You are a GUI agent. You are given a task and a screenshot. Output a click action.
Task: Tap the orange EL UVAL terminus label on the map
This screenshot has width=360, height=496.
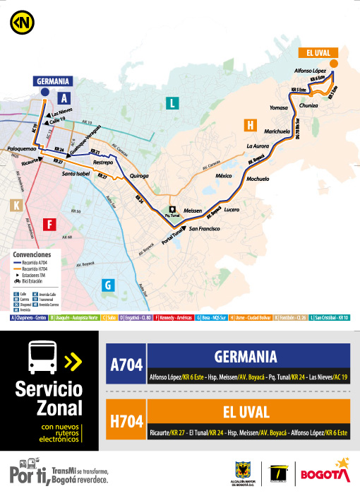click(318, 52)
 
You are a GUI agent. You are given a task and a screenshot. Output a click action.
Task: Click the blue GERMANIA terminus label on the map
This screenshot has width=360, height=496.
click(54, 81)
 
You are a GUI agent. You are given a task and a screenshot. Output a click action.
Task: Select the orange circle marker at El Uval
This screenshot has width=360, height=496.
click(335, 64)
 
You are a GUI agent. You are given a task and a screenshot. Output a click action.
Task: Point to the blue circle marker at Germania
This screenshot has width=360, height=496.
click(44, 92)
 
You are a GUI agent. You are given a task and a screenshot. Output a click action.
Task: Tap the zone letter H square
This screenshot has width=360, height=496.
click(248, 125)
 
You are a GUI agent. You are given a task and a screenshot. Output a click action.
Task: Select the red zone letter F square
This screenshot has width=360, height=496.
click(49, 225)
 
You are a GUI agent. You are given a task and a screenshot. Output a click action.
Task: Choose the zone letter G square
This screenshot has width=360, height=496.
click(108, 285)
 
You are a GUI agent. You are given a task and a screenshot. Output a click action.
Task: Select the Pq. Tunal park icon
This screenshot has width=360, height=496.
click(171, 209)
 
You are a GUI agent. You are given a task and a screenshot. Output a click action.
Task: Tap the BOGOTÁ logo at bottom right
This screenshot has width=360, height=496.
click(325, 471)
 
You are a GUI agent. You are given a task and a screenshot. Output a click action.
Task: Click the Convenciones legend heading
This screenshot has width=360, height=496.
click(32, 253)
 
